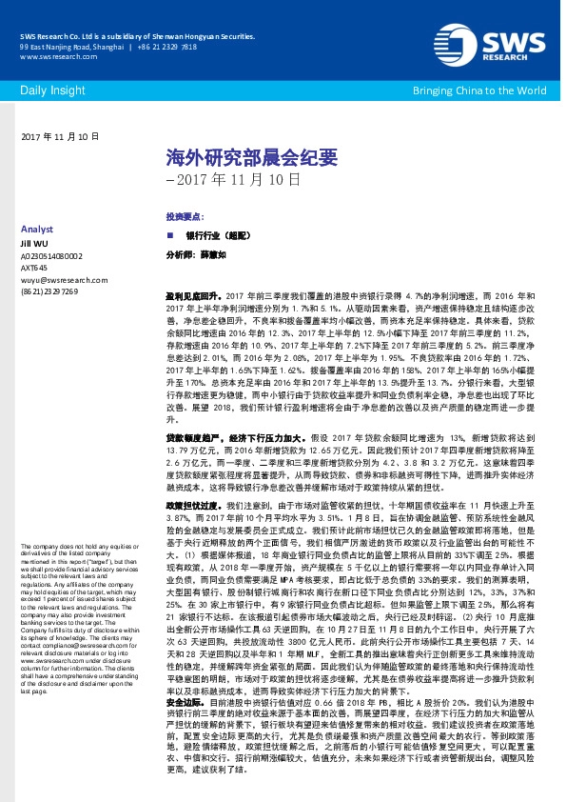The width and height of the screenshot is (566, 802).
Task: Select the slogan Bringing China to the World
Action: [479, 90]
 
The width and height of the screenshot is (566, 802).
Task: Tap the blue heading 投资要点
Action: [182, 217]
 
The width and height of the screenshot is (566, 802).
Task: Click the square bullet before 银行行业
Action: [170, 234]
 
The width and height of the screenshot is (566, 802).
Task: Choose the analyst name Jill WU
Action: [33, 244]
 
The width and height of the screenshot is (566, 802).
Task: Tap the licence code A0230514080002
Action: [51, 256]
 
